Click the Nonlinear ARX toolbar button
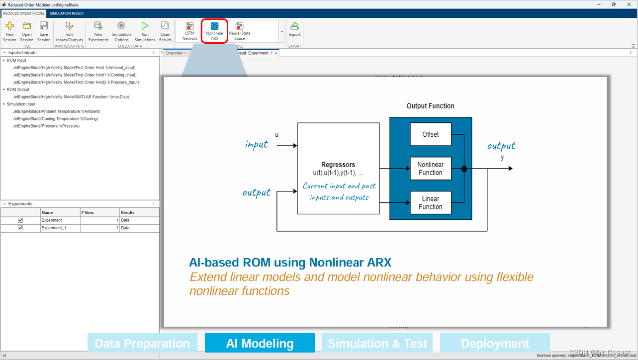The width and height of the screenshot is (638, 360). point(214,31)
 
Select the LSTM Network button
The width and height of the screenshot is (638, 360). point(189,31)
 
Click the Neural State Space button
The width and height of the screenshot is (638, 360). point(239,31)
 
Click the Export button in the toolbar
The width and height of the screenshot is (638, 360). point(295,29)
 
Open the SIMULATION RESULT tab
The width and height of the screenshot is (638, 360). point(67,13)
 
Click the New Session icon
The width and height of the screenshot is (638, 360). point(9,31)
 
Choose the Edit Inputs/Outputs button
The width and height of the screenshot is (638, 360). point(69,31)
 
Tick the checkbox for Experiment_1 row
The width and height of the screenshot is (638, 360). point(20,228)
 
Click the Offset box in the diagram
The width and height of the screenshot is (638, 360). point(430,134)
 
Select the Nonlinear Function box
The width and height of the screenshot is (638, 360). point(430,169)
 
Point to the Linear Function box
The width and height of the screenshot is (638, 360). point(430,203)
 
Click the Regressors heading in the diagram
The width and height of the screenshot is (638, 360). point(338,165)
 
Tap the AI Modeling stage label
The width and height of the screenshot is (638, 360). point(260,344)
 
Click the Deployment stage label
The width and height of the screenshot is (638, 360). point(495,344)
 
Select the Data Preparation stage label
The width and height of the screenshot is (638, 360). point(142,344)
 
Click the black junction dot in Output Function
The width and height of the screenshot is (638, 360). point(464,169)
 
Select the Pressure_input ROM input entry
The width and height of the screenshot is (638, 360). point(76,82)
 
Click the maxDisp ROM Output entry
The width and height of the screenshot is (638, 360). point(71,97)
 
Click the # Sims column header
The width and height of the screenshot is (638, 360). point(89,212)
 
